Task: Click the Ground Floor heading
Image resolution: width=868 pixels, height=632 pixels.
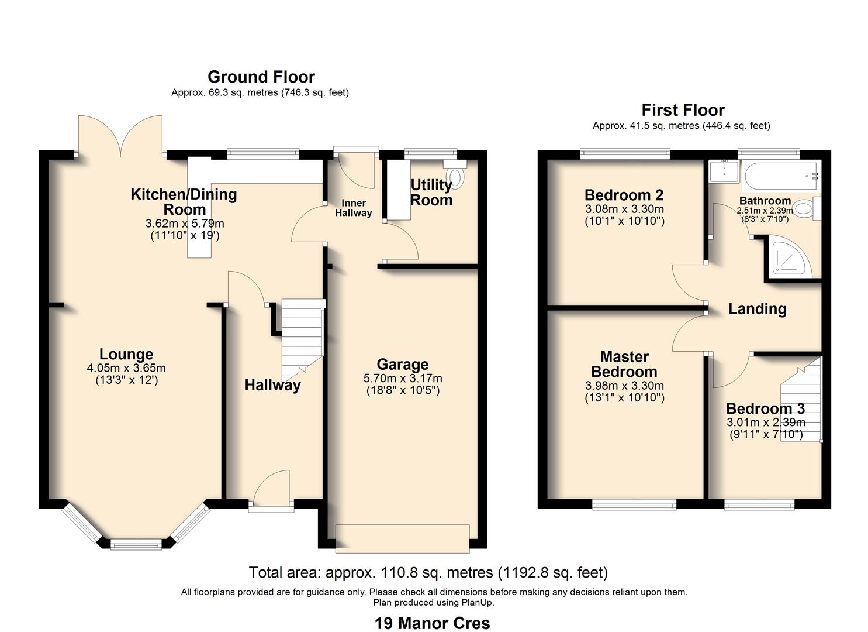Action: [x=261, y=77]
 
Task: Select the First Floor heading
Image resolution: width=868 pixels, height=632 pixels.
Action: [x=683, y=110]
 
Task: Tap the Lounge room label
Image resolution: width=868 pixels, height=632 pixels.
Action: [x=126, y=354]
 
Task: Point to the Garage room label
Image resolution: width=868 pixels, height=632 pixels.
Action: [x=402, y=365]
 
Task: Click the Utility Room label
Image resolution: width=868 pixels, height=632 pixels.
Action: [x=431, y=193]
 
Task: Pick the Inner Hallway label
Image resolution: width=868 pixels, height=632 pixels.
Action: [x=353, y=208]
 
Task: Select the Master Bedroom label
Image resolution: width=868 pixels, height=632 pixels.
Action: [x=624, y=364]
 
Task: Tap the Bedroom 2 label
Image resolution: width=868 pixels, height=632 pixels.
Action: [x=624, y=195]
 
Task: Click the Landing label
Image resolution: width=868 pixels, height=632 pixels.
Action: [x=757, y=309]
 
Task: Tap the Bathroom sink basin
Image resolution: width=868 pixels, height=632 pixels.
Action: [x=724, y=171]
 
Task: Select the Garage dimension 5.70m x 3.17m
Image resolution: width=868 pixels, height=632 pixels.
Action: [x=402, y=379]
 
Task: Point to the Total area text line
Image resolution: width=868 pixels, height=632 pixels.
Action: [x=428, y=572]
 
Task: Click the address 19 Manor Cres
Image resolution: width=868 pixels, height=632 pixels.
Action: [x=432, y=623]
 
